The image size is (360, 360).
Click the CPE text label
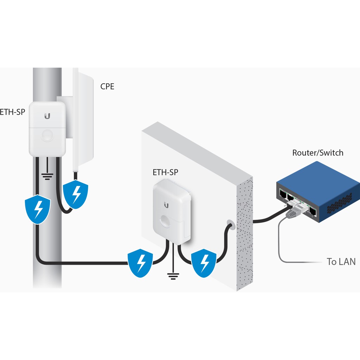tap(107, 86)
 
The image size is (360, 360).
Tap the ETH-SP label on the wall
tap(165, 172)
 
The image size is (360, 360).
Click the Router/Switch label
tap(318, 153)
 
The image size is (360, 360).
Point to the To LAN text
tap(341, 262)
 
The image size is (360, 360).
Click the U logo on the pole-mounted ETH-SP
tap(47, 116)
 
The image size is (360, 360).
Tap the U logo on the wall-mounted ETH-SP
tap(166, 205)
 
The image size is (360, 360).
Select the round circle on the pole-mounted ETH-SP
tap(47, 135)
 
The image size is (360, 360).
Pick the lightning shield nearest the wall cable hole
tap(204, 263)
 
